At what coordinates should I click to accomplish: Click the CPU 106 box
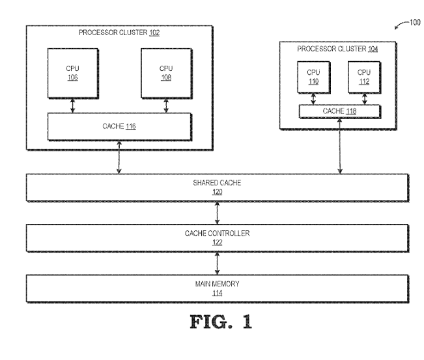pos(73,73)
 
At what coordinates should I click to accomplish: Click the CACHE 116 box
pos(119,127)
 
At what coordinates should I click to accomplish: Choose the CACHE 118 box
pos(339,111)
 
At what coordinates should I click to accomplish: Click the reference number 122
pos(217,242)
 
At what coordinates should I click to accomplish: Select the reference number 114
pos(217,290)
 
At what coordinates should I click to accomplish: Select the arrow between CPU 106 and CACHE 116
pos(73,105)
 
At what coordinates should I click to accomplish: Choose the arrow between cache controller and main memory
pos(217,262)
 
